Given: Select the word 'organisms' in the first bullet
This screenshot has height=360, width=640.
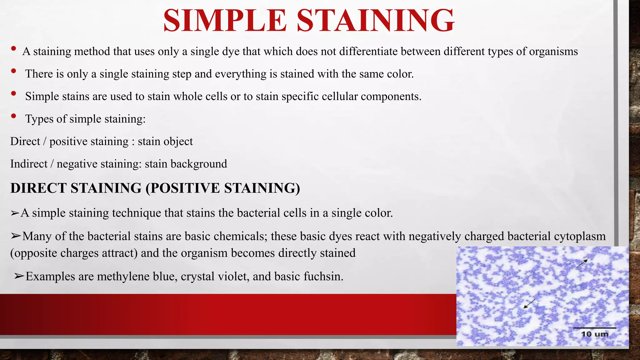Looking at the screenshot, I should coord(553,51).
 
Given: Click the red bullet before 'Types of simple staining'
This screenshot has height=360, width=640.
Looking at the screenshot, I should coord(13,116).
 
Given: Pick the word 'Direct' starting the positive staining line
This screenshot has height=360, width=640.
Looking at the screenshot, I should coord(25,141).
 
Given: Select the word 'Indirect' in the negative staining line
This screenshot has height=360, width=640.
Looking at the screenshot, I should coord(29,164).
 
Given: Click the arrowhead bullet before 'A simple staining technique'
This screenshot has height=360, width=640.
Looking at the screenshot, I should coord(15,213).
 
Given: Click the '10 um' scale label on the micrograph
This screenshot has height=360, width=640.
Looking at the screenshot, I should coord(594,334).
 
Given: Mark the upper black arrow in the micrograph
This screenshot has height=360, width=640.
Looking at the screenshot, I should coord(582,264).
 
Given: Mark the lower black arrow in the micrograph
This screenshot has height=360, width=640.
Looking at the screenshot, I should coord(529,303).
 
